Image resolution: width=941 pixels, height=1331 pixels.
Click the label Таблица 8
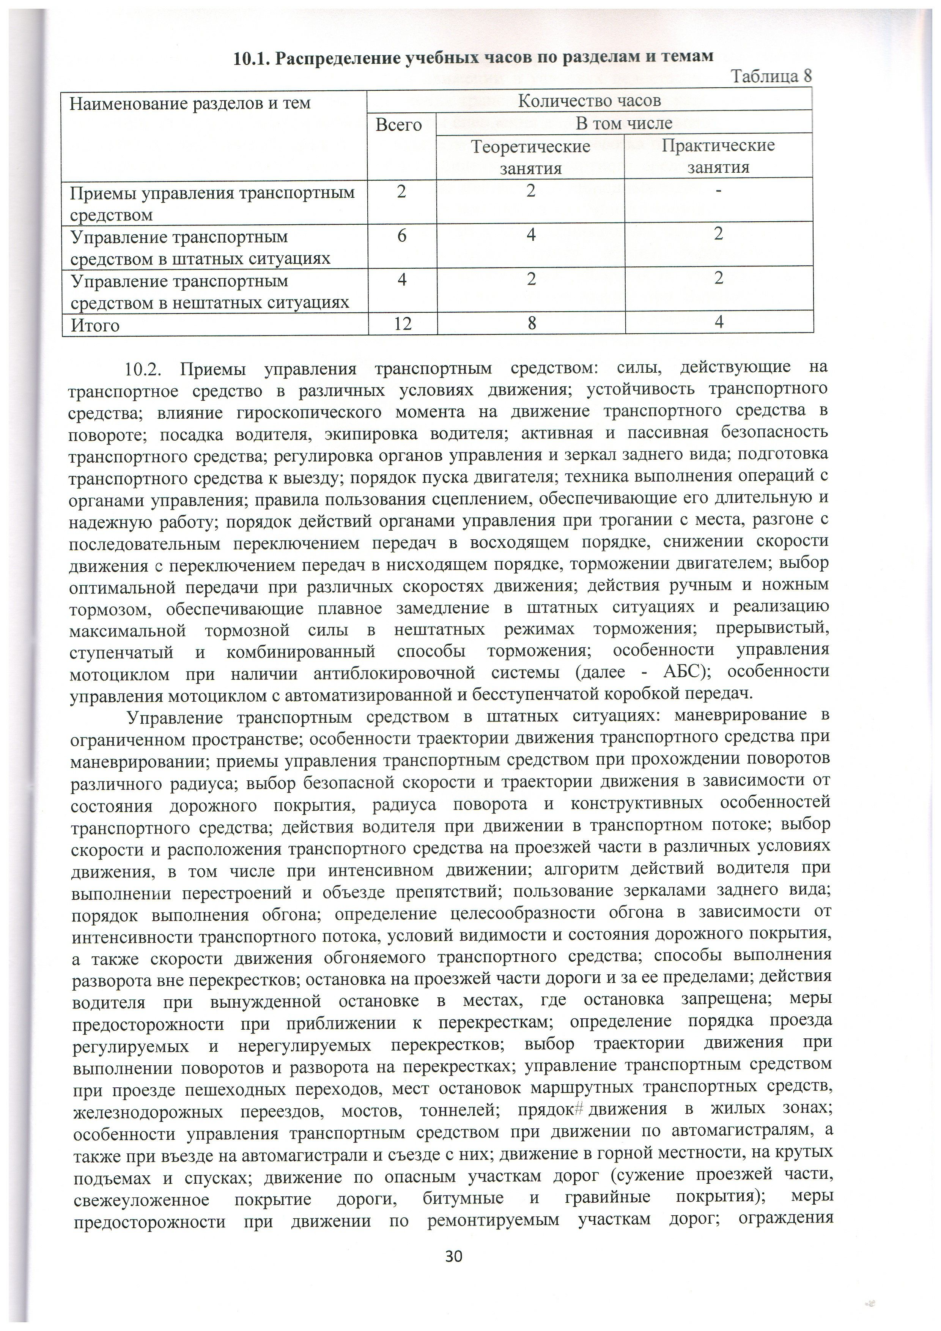pyautogui.click(x=772, y=77)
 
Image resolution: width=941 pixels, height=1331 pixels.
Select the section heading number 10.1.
pyautogui.click(x=251, y=58)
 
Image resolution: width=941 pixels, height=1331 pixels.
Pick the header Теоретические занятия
pyautogui.click(x=531, y=156)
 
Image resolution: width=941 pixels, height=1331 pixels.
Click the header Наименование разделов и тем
pyautogui.click(x=190, y=104)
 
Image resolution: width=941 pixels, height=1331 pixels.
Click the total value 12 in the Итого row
pyautogui.click(x=402, y=323)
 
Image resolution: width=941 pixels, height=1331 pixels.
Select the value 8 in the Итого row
pyautogui.click(x=531, y=323)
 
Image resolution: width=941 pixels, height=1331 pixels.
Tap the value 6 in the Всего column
pyautogui.click(x=401, y=235)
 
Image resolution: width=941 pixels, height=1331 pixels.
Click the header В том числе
pyautogui.click(x=623, y=123)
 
